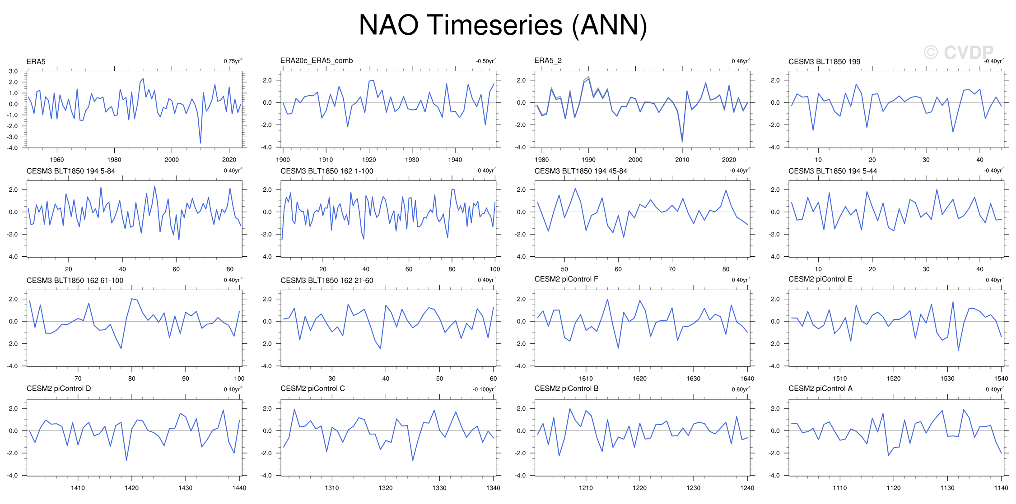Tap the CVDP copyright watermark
click(x=958, y=52)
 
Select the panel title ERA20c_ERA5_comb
click(x=317, y=60)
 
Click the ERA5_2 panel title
click(x=548, y=60)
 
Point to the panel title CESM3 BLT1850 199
click(x=824, y=61)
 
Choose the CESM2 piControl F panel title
click(x=566, y=279)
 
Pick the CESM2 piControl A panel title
click(x=820, y=388)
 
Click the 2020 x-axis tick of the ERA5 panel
click(x=229, y=160)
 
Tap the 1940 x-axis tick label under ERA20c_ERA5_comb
click(x=455, y=160)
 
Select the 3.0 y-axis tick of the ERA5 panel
click(x=13, y=71)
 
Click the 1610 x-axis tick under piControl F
click(x=586, y=379)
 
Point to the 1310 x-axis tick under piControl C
click(x=332, y=488)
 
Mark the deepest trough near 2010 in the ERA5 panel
click(x=200, y=143)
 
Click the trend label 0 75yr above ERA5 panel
click(x=233, y=61)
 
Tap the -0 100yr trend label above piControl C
click(x=485, y=389)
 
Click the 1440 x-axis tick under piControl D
click(x=239, y=488)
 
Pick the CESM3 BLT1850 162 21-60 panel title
click(x=326, y=280)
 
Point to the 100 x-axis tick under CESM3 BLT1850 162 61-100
click(x=239, y=379)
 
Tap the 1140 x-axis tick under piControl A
click(x=1001, y=488)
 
